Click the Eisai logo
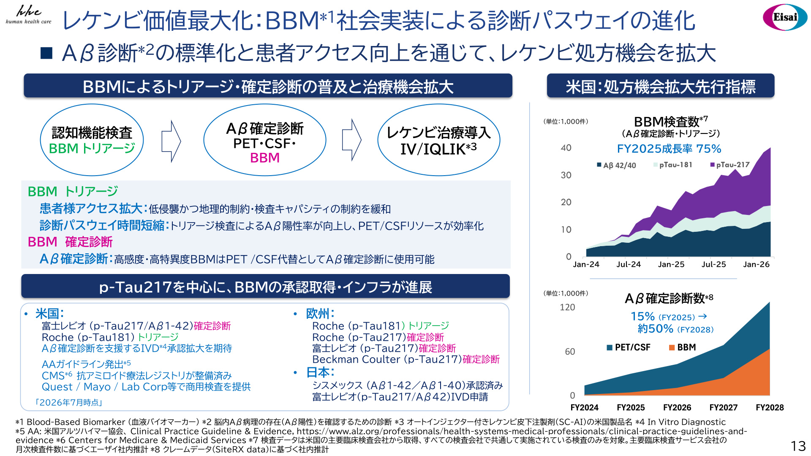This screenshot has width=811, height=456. [785, 17]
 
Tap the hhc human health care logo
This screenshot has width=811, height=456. [28, 15]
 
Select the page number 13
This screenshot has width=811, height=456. [798, 446]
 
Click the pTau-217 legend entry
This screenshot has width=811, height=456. [730, 165]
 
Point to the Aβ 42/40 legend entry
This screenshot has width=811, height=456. [616, 165]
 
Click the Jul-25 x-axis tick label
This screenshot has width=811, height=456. [713, 264]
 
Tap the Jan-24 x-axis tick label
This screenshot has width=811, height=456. [586, 264]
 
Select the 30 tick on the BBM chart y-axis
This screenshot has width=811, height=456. [566, 175]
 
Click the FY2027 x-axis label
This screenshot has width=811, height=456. [723, 407]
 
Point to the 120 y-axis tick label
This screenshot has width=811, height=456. [567, 307]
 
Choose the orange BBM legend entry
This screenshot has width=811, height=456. [682, 347]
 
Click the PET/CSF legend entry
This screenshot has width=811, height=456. [629, 347]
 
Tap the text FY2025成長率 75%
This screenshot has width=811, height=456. [669, 149]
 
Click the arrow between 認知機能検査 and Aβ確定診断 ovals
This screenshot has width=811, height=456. [171, 141]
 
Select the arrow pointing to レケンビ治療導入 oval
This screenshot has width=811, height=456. [351, 140]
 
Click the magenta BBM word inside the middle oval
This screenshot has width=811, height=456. [265, 158]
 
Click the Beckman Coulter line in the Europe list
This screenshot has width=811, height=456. [406, 359]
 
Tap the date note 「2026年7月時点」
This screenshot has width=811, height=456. [68, 402]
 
